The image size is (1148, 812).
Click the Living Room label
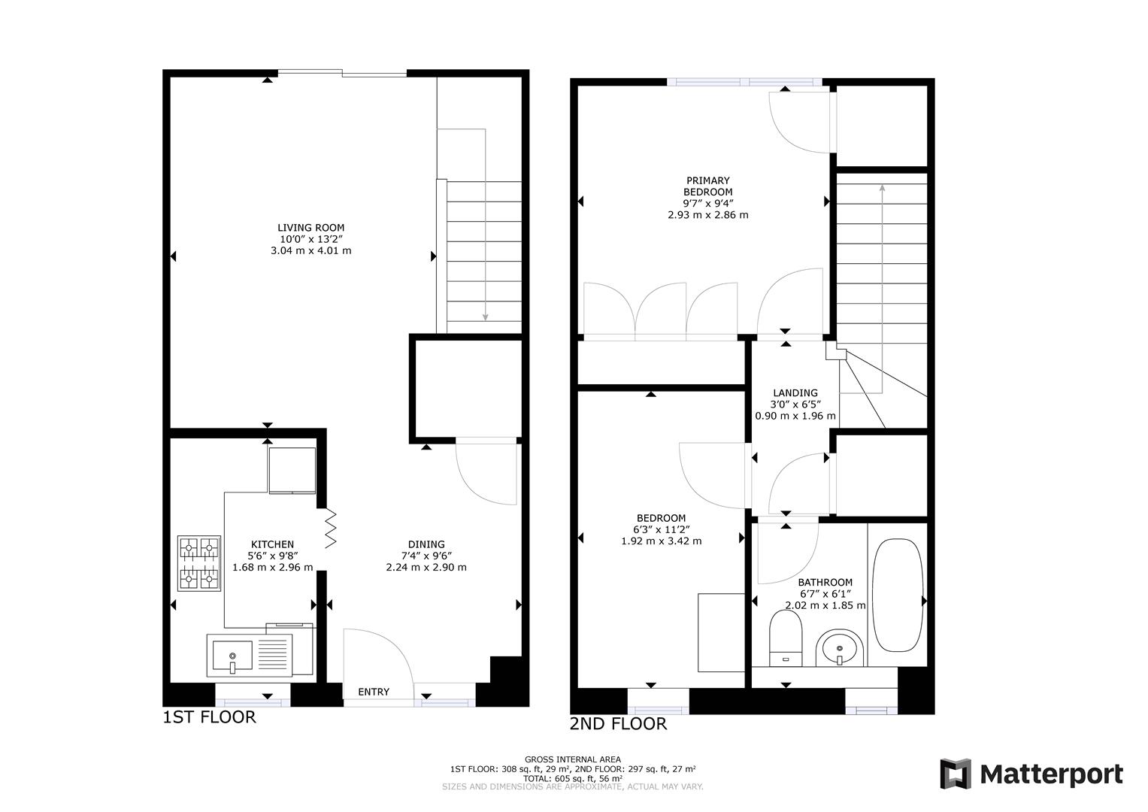(x=310, y=228)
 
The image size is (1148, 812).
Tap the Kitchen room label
(x=272, y=544)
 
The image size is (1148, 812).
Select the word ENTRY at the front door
(x=374, y=692)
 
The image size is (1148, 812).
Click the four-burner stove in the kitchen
(x=199, y=563)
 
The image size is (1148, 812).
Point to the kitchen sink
(x=232, y=655)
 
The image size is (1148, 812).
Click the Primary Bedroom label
(x=707, y=186)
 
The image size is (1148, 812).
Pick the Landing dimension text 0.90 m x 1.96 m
(x=795, y=416)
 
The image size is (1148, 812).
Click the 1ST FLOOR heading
(x=209, y=717)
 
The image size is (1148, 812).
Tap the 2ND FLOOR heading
(x=618, y=724)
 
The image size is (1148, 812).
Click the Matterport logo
(x=1031, y=774)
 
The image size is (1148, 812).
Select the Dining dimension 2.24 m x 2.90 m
(x=426, y=567)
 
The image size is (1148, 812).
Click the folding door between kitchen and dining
(x=330, y=529)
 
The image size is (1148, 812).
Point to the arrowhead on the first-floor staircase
(x=486, y=317)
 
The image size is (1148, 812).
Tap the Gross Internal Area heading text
(x=573, y=759)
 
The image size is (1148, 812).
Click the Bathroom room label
(x=825, y=582)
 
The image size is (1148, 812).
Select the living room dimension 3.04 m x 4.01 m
(x=310, y=250)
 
